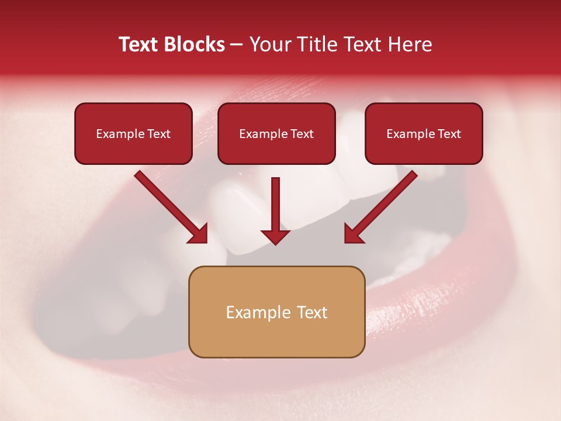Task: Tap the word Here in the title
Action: click(410, 44)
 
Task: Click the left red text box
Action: click(133, 133)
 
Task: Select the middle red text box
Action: click(276, 133)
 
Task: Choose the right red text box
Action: click(424, 133)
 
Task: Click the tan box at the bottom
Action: click(276, 312)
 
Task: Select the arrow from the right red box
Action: click(381, 206)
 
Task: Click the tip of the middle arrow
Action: click(275, 243)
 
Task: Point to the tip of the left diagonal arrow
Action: click(206, 242)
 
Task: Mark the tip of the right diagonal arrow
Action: click(345, 242)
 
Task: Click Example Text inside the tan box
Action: click(276, 312)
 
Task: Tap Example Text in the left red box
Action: click(133, 134)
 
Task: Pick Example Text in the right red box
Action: click(424, 134)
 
